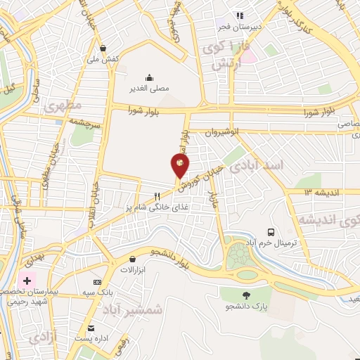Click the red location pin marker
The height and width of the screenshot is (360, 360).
tap(180, 166)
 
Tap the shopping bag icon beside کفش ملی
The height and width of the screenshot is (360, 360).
tap(103, 48)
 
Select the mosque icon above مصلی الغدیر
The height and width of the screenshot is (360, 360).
tap(149, 78)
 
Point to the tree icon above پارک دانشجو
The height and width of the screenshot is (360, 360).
tap(246, 295)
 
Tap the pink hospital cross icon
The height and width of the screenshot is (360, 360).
tap(27, 281)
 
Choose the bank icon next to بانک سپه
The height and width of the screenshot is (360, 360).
tap(97, 282)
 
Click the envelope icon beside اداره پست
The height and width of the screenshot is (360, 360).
tap(90, 328)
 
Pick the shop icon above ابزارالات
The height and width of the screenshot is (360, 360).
tap(131, 259)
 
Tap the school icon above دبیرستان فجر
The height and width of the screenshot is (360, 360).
tap(239, 15)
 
